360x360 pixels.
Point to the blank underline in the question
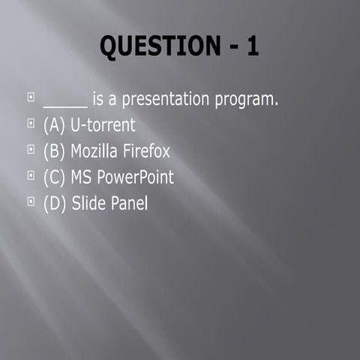click(65, 106)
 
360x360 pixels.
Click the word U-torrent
click(103, 125)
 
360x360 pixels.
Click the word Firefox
click(147, 151)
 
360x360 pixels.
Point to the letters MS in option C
click(81, 178)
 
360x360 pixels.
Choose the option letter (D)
click(55, 203)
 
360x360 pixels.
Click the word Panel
click(130, 203)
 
